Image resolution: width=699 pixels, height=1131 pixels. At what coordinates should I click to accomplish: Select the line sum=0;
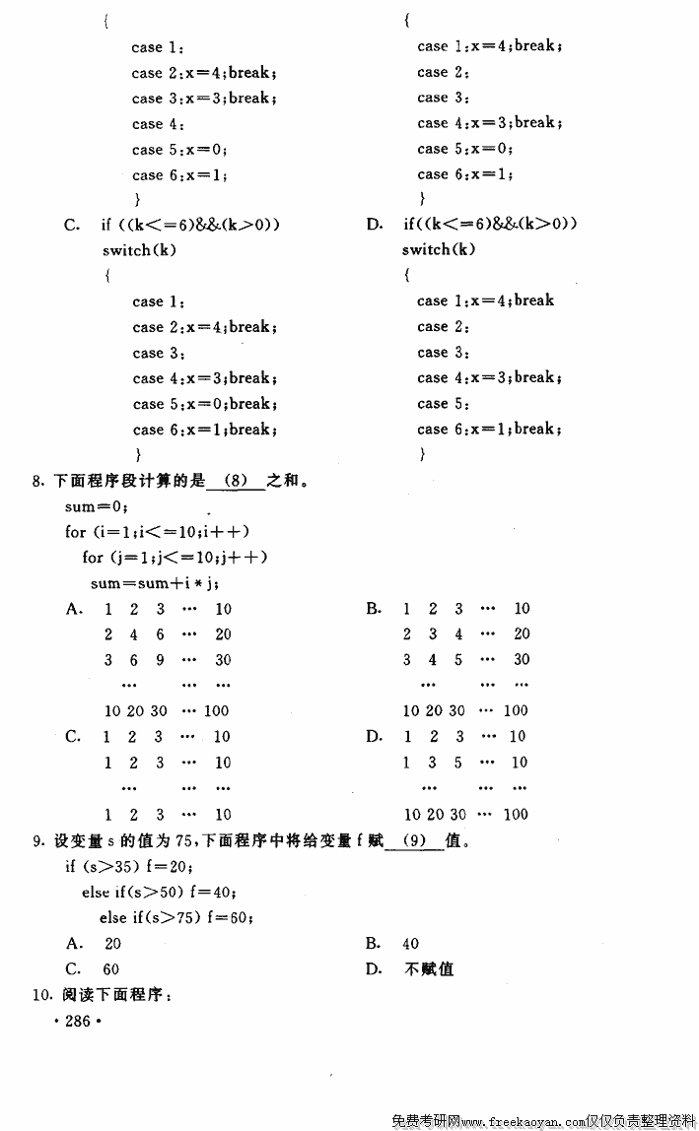click(97, 506)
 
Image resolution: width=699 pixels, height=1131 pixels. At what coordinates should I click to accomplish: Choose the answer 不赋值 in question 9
click(429, 969)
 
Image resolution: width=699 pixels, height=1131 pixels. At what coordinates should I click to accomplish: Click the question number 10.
click(40, 996)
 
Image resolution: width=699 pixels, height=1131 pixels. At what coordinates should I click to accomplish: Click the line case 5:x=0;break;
click(204, 404)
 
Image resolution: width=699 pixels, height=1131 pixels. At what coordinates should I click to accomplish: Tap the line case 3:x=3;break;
click(204, 99)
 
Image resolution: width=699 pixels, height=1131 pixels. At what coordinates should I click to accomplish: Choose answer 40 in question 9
click(411, 944)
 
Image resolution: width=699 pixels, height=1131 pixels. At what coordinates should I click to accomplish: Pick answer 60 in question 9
click(110, 969)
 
